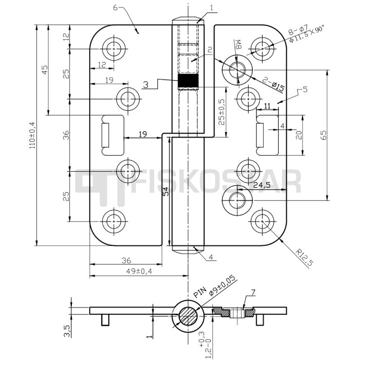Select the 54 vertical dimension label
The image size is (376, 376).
point(166,192)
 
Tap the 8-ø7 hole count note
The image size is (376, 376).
point(297,30)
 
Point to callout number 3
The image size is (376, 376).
point(145,84)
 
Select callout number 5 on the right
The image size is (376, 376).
point(305,89)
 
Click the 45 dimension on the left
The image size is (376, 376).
point(45,69)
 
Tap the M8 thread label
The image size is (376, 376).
point(239,45)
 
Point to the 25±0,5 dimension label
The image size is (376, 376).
point(221,113)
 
